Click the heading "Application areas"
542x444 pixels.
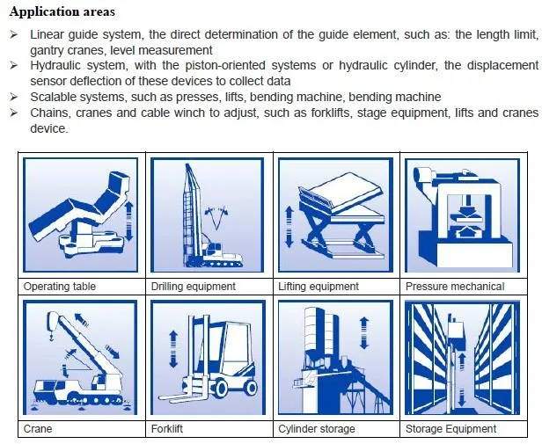point(62,11)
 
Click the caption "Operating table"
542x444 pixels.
point(60,287)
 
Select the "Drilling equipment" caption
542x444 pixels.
point(194,287)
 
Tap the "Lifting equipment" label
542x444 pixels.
point(319,287)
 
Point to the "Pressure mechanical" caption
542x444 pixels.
point(455,287)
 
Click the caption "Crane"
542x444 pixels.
point(38,429)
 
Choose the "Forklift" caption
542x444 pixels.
point(167,429)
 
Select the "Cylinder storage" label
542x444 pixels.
point(317,429)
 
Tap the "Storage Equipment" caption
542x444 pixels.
point(450,429)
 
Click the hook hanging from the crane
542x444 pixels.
point(51,335)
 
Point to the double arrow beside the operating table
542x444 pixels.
point(128,222)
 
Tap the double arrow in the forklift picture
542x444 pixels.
point(173,349)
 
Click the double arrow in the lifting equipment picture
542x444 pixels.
point(289,227)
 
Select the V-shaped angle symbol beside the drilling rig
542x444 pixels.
point(216,218)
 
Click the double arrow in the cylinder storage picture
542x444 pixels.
point(364,332)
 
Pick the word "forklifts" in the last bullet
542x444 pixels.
point(330,113)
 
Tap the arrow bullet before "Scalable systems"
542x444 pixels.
point(14,97)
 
